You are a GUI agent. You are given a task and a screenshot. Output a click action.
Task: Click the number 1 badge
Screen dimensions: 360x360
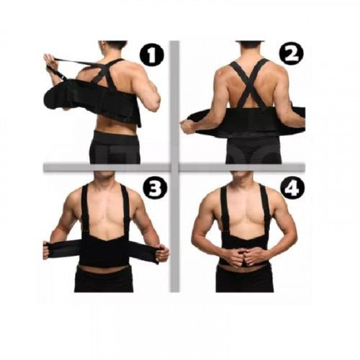pos(152,56)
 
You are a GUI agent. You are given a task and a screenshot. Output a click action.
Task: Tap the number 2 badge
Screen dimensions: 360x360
pos(292,54)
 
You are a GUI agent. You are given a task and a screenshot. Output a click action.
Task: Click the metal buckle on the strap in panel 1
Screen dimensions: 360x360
pos(63,76)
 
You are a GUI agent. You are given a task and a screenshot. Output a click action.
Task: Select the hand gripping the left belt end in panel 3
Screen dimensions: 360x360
pos(47,251)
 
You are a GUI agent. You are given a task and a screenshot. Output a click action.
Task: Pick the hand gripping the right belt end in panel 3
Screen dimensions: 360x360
pos(163,253)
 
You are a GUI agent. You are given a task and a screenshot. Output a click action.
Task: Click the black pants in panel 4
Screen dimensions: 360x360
pos(244,279)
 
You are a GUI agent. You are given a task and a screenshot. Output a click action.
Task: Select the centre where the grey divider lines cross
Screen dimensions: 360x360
pos(175,167)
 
